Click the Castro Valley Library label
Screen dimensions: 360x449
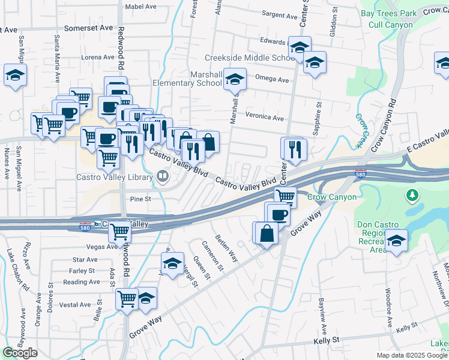click(114, 177)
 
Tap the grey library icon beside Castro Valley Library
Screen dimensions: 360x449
click(162, 176)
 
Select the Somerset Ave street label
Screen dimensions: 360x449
click(88, 28)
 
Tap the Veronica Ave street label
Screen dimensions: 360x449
click(264, 118)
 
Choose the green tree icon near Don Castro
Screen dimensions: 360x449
click(412, 195)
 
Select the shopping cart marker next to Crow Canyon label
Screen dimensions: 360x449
click(286, 196)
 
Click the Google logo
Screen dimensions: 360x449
click(20, 353)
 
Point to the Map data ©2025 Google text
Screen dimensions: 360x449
click(412, 355)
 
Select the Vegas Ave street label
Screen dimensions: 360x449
click(102, 247)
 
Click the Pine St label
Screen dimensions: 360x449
click(139, 198)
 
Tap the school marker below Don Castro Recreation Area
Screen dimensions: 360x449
click(396, 241)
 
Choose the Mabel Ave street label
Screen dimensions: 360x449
click(140, 7)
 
